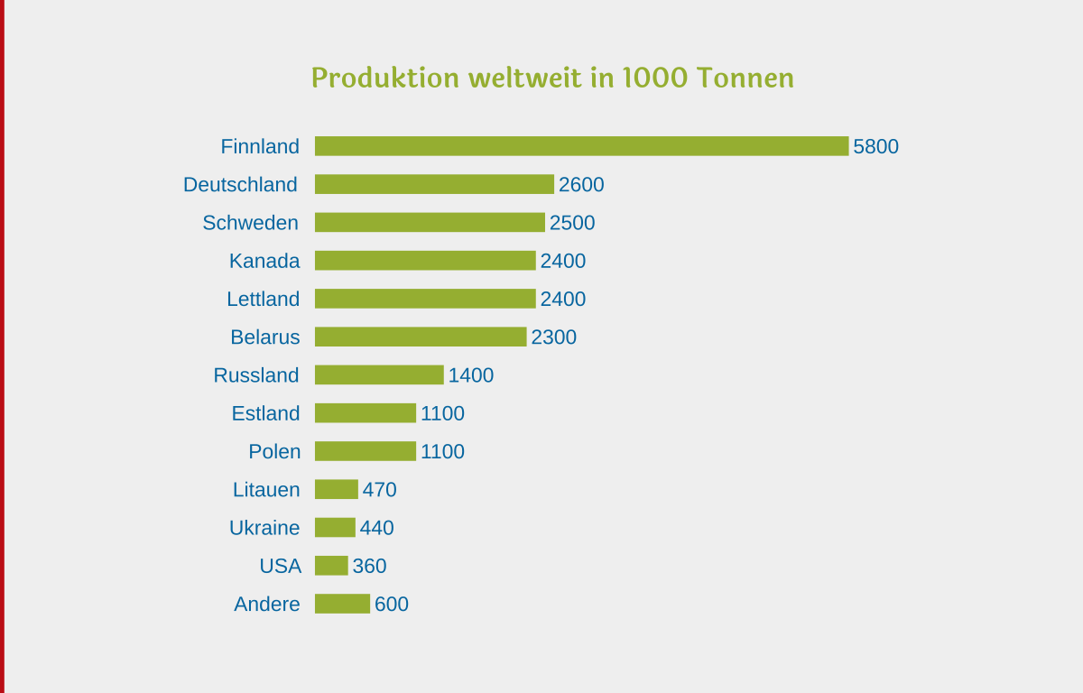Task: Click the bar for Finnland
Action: click(581, 146)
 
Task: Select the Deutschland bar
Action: click(434, 184)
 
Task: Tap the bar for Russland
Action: click(379, 374)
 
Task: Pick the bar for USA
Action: click(331, 566)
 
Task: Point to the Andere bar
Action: click(342, 604)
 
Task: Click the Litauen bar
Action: click(336, 489)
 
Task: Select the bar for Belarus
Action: click(421, 337)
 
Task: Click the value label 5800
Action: click(875, 146)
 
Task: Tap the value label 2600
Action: click(581, 184)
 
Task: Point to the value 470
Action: click(379, 489)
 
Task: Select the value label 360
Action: click(369, 566)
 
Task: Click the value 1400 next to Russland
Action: click(471, 374)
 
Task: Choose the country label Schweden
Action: click(250, 223)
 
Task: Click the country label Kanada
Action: click(264, 261)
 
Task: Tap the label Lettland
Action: click(263, 299)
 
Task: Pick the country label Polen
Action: click(274, 451)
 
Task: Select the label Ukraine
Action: click(264, 528)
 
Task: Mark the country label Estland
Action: click(265, 413)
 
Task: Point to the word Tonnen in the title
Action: click(745, 79)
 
